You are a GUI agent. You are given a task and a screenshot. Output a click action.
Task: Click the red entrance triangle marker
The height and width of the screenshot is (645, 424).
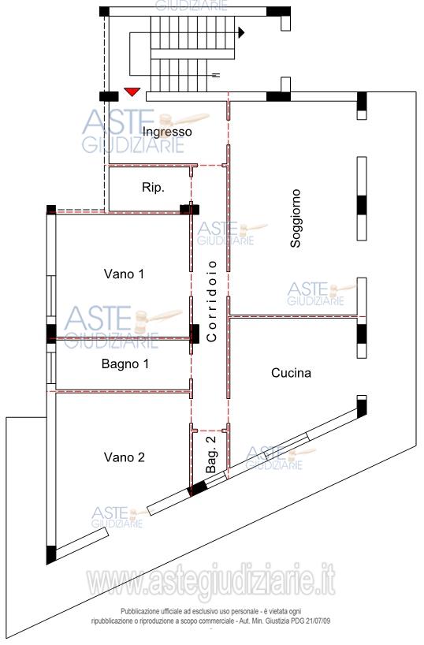click(x=132, y=91)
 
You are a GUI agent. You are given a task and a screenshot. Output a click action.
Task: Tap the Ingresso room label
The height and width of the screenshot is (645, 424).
click(x=167, y=132)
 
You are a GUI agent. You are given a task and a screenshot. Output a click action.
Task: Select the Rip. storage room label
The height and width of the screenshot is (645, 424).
click(x=153, y=187)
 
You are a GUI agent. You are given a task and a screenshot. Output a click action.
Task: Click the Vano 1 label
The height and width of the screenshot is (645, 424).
click(x=124, y=274)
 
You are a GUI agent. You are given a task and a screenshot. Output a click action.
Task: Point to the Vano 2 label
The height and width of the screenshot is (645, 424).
click(x=125, y=457)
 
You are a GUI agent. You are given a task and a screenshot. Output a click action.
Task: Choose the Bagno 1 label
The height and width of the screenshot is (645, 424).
click(x=125, y=364)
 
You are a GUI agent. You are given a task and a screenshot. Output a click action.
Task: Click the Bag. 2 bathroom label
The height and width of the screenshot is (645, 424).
click(x=210, y=454)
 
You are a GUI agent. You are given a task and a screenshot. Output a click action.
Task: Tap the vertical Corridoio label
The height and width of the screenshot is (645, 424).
click(x=212, y=301)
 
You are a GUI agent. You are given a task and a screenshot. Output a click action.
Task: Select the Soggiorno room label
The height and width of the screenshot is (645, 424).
click(x=296, y=218)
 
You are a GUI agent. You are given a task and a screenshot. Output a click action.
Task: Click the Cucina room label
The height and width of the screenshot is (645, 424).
click(x=291, y=373)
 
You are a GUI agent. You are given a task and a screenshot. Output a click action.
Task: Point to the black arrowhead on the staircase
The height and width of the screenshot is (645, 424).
click(x=241, y=32)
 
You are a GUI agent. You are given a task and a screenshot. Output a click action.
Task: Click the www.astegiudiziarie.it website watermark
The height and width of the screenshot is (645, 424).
click(x=211, y=581)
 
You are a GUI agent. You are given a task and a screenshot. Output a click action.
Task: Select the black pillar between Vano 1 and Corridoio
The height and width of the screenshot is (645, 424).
click(x=195, y=334)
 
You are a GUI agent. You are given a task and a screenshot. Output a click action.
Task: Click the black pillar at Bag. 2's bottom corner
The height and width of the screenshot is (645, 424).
click(x=198, y=489)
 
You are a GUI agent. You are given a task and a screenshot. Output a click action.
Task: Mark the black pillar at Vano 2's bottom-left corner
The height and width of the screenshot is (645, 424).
click(x=51, y=555)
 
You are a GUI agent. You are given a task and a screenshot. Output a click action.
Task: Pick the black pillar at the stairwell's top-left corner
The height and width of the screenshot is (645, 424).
click(x=105, y=11)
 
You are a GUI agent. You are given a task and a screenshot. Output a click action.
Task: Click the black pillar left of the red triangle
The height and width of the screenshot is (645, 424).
click(x=109, y=97)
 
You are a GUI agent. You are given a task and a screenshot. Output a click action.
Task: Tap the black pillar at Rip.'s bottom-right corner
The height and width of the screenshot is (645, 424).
click(x=190, y=210)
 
